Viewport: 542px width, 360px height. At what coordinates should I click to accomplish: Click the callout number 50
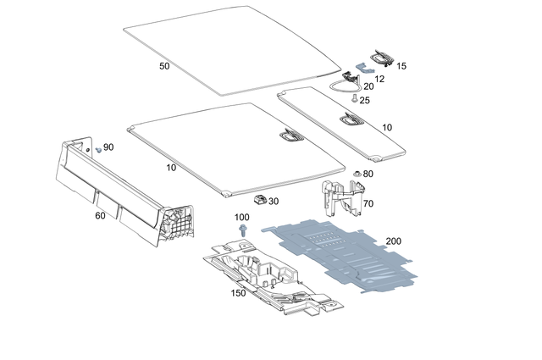pyautogui.click(x=164, y=65)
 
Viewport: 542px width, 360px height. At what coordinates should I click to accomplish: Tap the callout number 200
pyautogui.click(x=393, y=241)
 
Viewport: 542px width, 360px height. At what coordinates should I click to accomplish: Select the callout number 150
pyautogui.click(x=238, y=293)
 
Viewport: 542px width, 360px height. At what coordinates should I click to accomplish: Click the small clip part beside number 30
pyautogui.click(x=257, y=200)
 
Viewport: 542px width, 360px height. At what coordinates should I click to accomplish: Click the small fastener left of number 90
pyautogui.click(x=98, y=148)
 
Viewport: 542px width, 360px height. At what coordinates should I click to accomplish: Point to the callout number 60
pyautogui.click(x=101, y=216)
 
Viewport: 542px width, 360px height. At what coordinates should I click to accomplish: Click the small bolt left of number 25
pyautogui.click(x=354, y=99)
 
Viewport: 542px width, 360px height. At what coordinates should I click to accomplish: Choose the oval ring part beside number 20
pyautogui.click(x=345, y=84)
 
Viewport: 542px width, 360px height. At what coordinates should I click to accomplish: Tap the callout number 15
pyautogui.click(x=401, y=65)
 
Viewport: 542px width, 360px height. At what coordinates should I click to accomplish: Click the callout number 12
pyautogui.click(x=379, y=78)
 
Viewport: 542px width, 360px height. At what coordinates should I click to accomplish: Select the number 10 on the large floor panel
pyautogui.click(x=171, y=168)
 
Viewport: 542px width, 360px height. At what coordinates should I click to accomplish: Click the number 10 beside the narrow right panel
pyautogui.click(x=387, y=127)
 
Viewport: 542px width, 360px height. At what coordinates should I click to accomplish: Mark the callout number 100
pyautogui.click(x=242, y=218)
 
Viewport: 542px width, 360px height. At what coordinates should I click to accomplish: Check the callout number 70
pyautogui.click(x=368, y=204)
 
